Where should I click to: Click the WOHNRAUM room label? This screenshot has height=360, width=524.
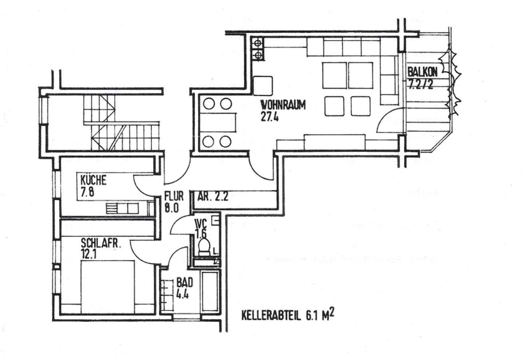click(x=283, y=105)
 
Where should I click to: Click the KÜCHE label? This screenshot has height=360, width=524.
click(x=94, y=180)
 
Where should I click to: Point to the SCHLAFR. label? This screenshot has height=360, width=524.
click(x=100, y=243)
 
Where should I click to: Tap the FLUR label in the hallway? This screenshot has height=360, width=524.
click(x=174, y=196)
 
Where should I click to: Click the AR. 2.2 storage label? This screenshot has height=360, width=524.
click(x=213, y=197)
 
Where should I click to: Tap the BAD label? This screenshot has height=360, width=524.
click(x=184, y=282)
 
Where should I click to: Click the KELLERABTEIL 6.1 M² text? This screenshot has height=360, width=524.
click(x=287, y=315)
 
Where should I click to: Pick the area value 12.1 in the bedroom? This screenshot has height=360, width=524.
click(x=88, y=254)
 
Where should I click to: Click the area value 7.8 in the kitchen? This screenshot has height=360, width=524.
click(x=87, y=192)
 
